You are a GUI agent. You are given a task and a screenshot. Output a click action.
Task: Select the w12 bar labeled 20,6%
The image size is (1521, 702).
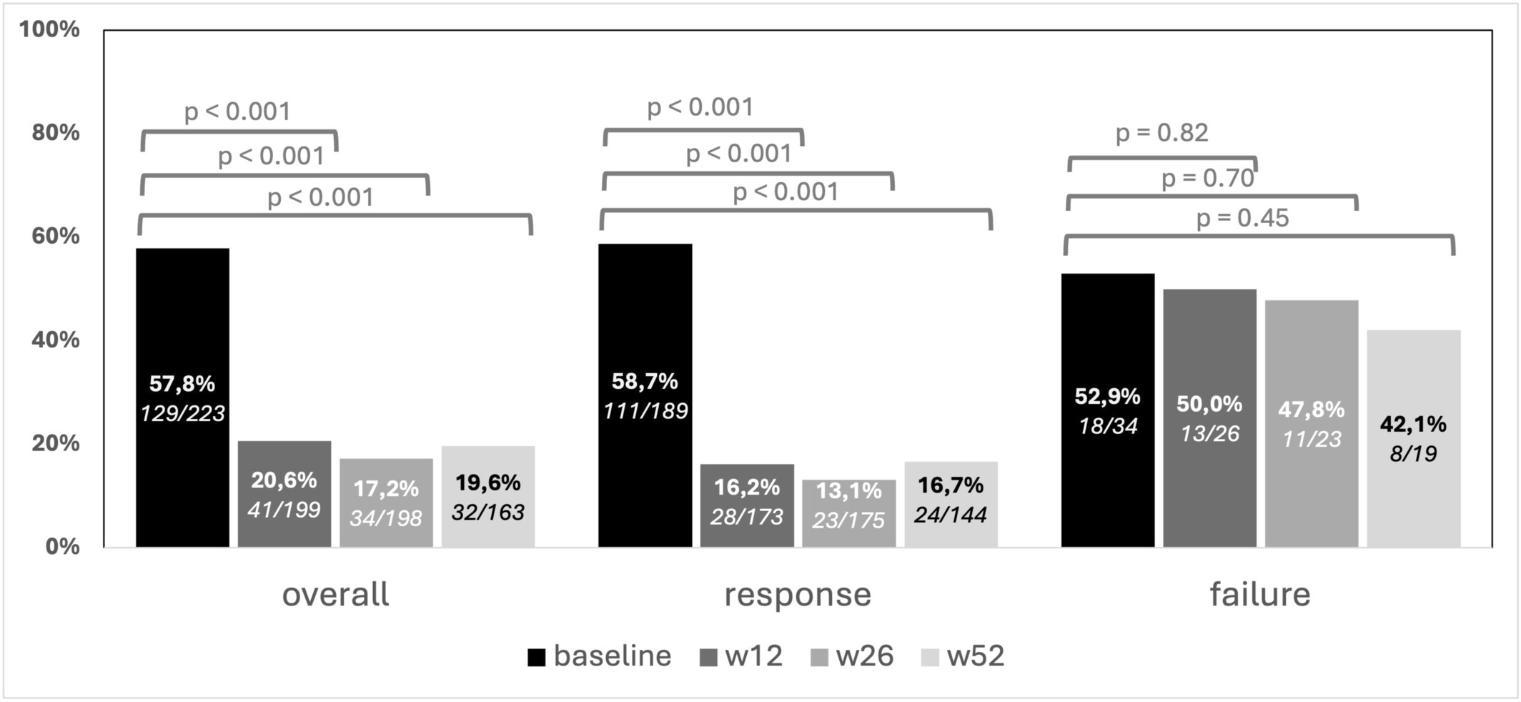coord(284,493)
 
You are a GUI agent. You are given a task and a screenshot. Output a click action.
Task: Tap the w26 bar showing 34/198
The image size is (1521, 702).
coord(386,502)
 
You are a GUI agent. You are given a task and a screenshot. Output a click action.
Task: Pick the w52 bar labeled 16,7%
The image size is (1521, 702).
coord(951,503)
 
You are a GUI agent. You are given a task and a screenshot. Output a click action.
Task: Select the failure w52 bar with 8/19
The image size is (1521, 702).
coord(1413,437)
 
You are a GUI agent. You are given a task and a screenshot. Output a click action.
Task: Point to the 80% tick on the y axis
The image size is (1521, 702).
coord(55,132)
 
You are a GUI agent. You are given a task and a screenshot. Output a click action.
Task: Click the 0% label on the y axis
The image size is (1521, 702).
coord(62,546)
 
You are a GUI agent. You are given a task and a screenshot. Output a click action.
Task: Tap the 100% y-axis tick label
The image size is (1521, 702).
coord(49,29)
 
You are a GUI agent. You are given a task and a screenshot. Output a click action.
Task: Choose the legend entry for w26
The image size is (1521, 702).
coord(852,656)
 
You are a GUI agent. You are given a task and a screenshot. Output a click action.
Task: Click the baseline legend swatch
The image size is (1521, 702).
coord(536,656)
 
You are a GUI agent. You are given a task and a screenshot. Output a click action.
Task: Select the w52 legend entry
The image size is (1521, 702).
coord(963,656)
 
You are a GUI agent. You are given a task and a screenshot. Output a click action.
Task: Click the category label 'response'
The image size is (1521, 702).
coord(798,594)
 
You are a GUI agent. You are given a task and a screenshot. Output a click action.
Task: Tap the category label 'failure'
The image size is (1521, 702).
coord(1259,594)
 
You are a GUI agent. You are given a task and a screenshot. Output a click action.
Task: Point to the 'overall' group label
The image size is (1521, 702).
coord(335,594)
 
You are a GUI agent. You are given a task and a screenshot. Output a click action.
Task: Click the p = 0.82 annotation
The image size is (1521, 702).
coord(1161,133)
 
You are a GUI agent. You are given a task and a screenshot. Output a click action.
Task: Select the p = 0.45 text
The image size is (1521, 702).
coord(1242,217)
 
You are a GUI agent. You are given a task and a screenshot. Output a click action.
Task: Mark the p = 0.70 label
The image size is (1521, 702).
coord(1207,178)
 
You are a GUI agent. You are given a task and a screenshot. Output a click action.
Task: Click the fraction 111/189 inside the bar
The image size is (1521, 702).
coord(645,411)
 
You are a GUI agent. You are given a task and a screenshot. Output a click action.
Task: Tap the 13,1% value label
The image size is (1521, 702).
coord(848,490)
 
